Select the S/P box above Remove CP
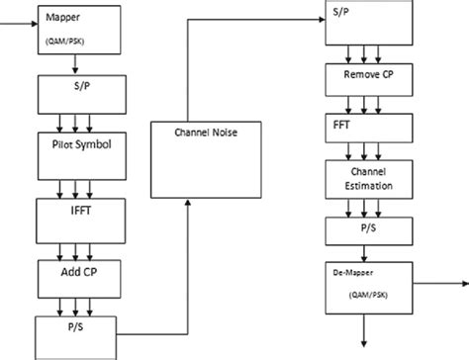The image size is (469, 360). click(x=365, y=21)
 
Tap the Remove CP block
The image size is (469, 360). click(x=365, y=75)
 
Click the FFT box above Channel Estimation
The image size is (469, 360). click(x=365, y=127)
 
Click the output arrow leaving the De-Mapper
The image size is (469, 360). click(x=435, y=283)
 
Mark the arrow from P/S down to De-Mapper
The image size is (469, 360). click(x=365, y=254)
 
